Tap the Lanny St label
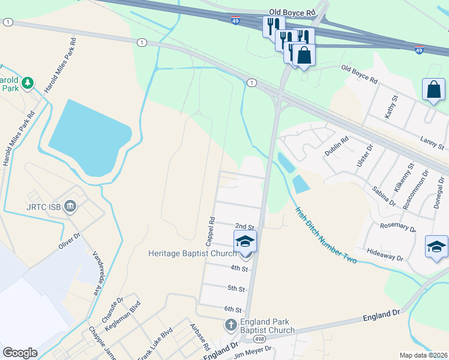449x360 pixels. tap(432, 143)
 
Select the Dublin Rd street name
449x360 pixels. tap(336, 148)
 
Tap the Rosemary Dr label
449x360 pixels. tap(398, 227)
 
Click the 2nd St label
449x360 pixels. tap(244, 226)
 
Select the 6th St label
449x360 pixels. tap(233, 310)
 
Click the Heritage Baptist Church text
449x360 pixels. tap(193, 253)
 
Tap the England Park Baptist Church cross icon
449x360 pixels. tap(231, 326)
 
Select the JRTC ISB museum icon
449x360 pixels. tap(71, 208)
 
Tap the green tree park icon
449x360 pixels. tap(27, 82)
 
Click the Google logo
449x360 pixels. tap(20, 353)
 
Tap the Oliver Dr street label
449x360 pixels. tap(70, 243)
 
